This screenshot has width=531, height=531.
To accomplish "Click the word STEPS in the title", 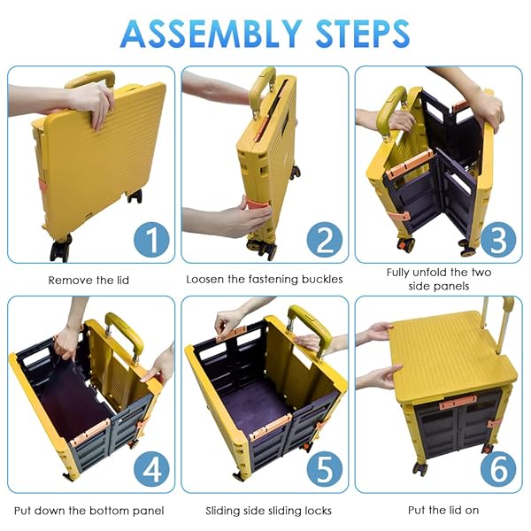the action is tap(362, 34).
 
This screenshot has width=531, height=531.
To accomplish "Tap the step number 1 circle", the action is tap(151, 240).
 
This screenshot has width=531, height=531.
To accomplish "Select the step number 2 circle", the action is tap(325, 240).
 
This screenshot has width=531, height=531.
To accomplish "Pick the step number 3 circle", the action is tap(498, 240).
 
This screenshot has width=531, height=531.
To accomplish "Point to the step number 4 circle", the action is tap(151, 470).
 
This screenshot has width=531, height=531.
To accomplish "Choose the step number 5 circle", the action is tap(325, 470).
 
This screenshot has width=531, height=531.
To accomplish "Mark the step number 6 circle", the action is tap(498, 470).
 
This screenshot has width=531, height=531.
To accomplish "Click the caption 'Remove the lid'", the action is tap(88, 280).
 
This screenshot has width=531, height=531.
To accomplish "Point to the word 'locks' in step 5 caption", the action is tap(318, 511).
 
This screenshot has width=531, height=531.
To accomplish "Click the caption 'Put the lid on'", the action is tap(443, 510).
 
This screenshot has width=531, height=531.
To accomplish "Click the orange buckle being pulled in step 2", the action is tap(259, 207).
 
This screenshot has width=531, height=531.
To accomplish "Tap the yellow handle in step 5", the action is tap(309, 328).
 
